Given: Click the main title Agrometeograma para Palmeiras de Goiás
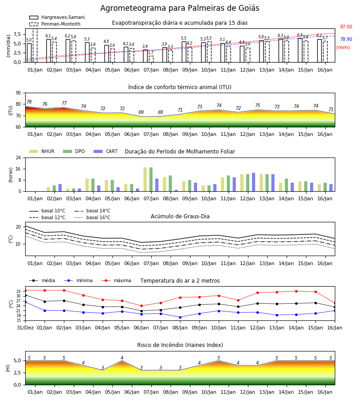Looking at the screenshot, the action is (180, 8).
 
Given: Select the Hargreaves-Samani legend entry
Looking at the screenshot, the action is (57, 17).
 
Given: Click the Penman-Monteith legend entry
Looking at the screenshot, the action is (55, 24).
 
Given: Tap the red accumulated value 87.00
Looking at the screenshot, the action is (346, 27).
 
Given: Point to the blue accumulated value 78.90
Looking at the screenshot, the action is (346, 39).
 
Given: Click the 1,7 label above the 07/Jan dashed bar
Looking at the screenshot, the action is (151, 53).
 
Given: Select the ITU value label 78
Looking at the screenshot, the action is (29, 102).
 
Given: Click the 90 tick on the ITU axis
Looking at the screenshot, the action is (18, 93).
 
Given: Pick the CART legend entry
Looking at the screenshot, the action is (106, 151).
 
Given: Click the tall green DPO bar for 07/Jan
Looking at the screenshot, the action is (151, 180).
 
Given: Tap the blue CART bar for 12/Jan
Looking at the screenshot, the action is (254, 182).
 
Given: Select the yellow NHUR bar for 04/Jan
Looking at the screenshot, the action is (87, 185).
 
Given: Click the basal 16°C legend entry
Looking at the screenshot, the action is (92, 217).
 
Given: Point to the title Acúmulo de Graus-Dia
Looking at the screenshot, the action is (180, 216).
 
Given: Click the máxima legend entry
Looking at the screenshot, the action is (116, 280).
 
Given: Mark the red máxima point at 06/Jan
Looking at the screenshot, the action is (141, 306).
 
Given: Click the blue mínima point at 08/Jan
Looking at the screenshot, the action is (180, 317).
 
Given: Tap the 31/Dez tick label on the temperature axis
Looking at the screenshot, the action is (25, 328).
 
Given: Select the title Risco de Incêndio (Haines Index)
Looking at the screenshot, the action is (180, 345).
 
